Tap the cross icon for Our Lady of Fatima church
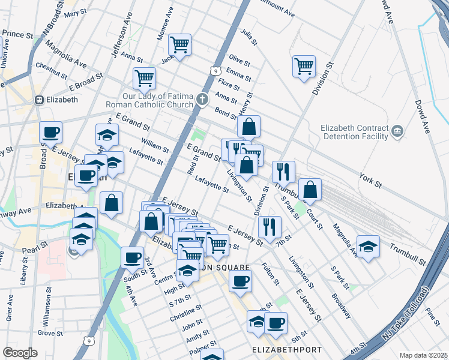(203, 98)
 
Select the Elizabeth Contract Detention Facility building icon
(397, 131)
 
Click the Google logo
(20, 353)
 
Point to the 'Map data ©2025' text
(424, 355)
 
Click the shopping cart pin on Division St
(304, 66)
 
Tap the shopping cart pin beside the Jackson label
(179, 44)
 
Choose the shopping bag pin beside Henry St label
(249, 127)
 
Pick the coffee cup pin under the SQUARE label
(240, 280)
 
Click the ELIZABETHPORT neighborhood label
(288, 349)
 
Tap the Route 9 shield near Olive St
(214, 71)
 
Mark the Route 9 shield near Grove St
(89, 341)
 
